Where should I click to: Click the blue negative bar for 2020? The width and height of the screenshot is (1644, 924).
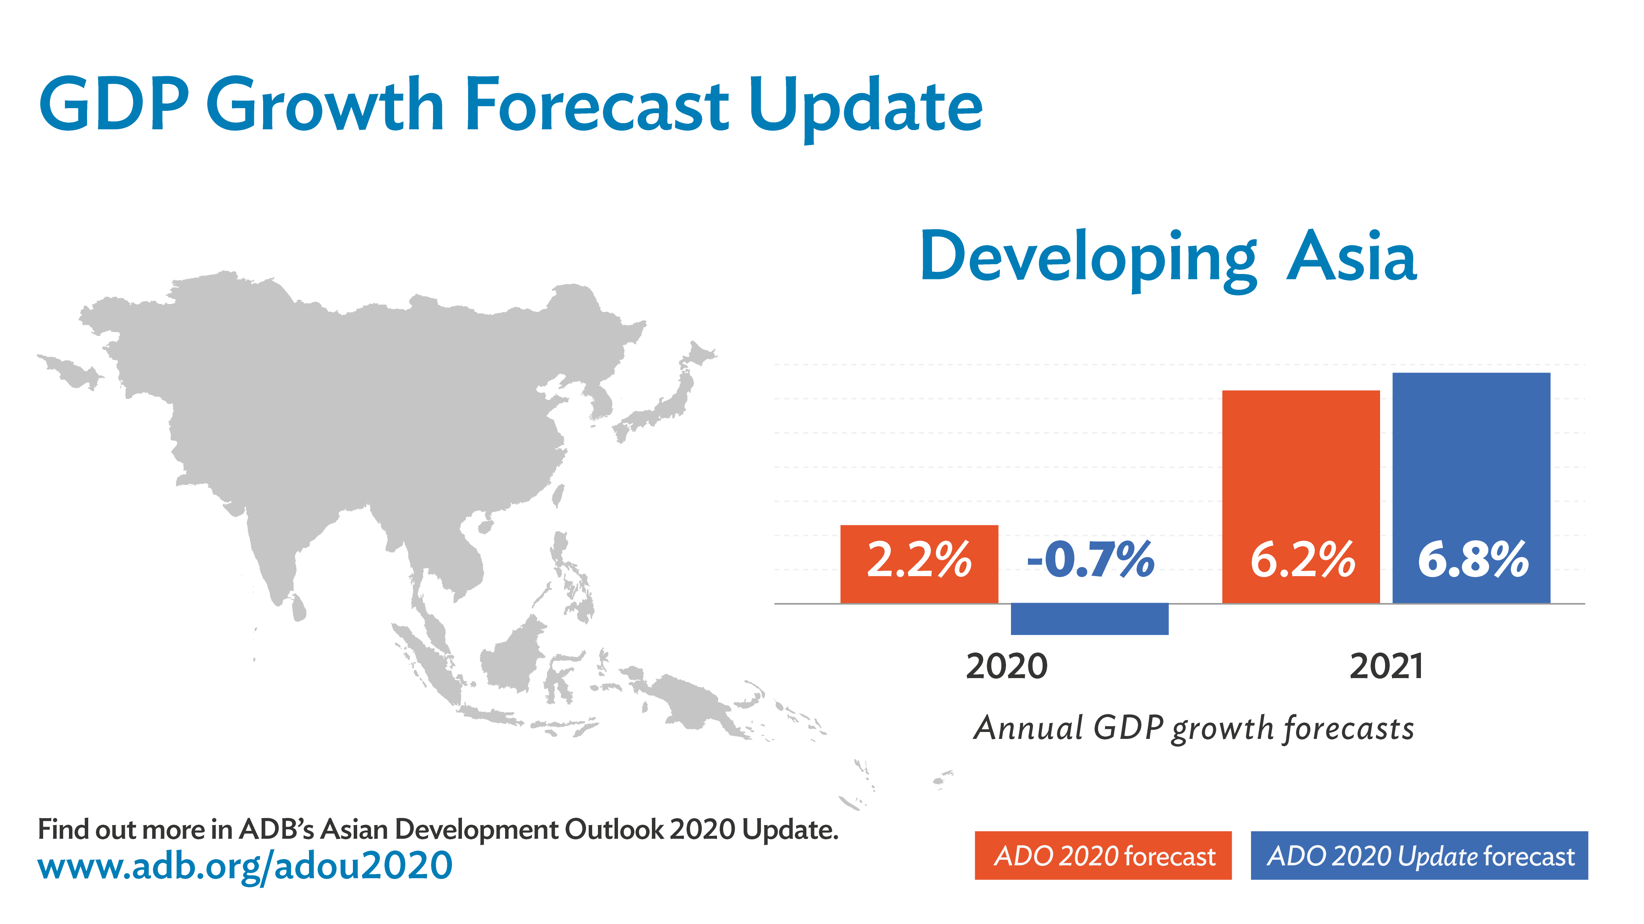pos(1090,618)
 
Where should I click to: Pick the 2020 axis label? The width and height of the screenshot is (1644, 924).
pos(1006,667)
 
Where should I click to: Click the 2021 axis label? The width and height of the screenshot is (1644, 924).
pos(1386,667)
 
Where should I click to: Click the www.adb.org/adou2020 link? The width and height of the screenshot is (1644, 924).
pos(245,866)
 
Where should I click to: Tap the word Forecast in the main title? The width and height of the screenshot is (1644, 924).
pos(597,105)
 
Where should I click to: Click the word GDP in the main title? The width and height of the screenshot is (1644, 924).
pos(114,105)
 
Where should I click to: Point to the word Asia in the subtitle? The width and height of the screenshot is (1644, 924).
pos(1352,257)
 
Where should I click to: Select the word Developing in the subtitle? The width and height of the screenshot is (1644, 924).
pos(1088,258)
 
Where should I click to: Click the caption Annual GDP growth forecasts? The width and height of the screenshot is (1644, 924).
pos(1194,728)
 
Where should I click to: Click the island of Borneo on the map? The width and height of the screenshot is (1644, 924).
pos(514,657)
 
